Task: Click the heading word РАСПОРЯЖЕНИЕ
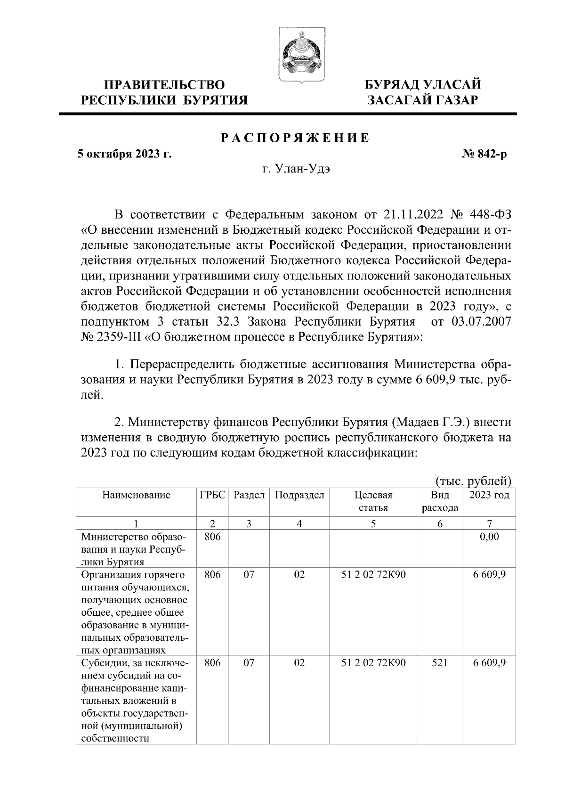click(295, 138)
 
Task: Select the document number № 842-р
click(485, 155)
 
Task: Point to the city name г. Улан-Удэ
click(296, 169)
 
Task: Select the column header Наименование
click(136, 495)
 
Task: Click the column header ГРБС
click(212, 495)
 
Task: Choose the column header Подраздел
click(299, 495)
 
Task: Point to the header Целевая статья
click(373, 501)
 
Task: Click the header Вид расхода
click(440, 501)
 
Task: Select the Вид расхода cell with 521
click(440, 663)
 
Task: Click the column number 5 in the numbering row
click(373, 523)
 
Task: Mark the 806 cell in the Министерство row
click(212, 537)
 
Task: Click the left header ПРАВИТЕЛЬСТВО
click(164, 85)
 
